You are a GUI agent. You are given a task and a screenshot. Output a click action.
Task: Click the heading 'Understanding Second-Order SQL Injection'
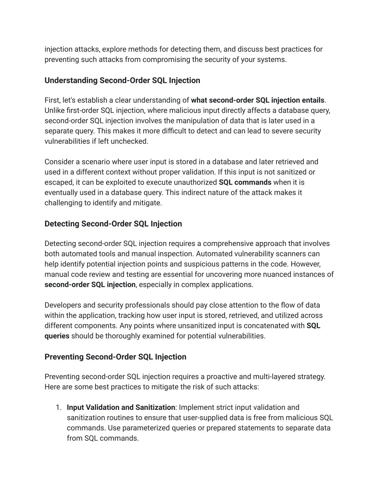pos(122,80)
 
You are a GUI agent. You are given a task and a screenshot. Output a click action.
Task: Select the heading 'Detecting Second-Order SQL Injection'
pos(113,224)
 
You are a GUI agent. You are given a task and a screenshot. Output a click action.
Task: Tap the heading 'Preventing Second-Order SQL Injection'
pos(115,357)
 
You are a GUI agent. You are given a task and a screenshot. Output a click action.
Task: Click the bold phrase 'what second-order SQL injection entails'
pos(258,100)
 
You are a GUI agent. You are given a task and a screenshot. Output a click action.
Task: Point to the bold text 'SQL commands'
pos(245,182)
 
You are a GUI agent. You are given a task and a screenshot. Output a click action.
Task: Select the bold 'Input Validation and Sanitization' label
pos(121,407)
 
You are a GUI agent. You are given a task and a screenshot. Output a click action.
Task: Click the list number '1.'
pos(58,407)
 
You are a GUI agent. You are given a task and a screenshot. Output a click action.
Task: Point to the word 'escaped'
pos(58,182)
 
